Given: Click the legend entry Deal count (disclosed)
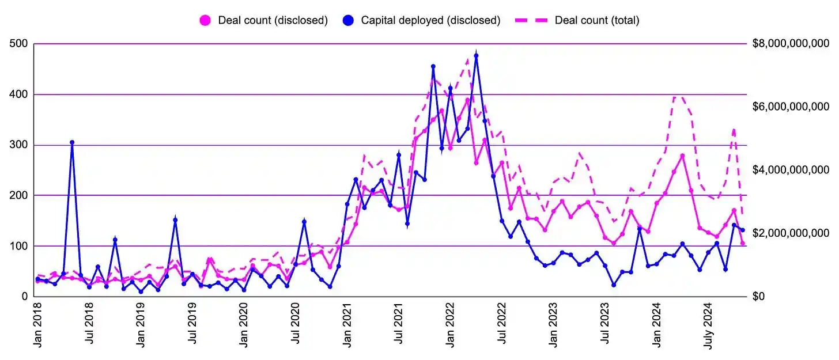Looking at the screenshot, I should [x=273, y=20].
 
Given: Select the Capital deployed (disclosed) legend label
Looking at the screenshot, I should [x=430, y=20].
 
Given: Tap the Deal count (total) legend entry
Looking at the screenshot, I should [x=597, y=20].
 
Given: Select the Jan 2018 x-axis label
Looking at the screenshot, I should [x=38, y=325].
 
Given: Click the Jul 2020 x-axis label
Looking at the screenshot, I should [x=296, y=325].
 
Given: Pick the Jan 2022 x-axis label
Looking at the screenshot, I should [x=451, y=325].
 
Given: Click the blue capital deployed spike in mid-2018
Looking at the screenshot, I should [x=72, y=142].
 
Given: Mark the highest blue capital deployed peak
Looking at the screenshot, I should [x=476, y=55].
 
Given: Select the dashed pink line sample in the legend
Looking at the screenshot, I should [x=531, y=20].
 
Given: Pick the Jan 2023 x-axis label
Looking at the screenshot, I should [x=554, y=325].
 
